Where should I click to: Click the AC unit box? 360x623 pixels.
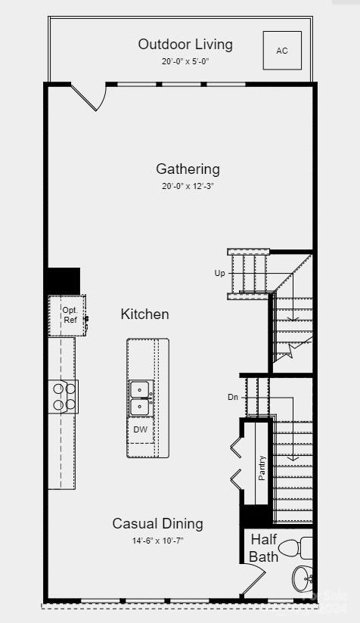point(282,51)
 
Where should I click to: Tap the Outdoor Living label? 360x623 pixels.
point(185,44)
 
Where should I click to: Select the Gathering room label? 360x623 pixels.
point(188,169)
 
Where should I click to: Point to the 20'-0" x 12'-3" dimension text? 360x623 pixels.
point(188,186)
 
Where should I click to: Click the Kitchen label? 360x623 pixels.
point(144,314)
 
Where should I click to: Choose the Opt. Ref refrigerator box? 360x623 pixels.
point(68,315)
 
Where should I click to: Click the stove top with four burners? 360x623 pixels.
point(64,396)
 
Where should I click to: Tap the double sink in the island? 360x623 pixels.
point(140,398)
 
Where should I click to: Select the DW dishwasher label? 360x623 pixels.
point(141,429)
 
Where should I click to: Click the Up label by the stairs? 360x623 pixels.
point(220,273)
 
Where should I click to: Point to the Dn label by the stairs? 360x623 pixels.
point(233,397)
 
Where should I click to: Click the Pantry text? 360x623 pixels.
point(262,467)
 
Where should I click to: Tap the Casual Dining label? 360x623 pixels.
point(157,523)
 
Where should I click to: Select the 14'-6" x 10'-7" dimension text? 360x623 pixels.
point(157,541)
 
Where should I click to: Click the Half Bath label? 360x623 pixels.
point(263,548)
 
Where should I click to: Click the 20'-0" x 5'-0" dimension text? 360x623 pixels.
point(185,61)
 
